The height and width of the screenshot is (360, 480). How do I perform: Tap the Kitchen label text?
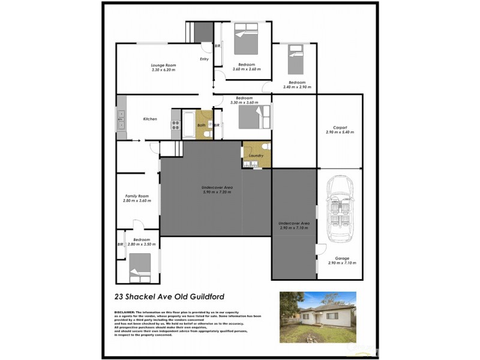pyautogui.click(x=150, y=119)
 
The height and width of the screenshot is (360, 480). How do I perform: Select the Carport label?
pyautogui.click(x=340, y=127)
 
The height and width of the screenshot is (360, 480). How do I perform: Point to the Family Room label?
pyautogui.click(x=137, y=196)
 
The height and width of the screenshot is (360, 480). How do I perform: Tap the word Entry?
pyautogui.click(x=204, y=59)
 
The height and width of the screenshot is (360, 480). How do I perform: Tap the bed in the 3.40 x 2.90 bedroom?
pyautogui.click(x=295, y=59)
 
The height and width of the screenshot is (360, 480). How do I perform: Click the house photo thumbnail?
pyautogui.click(x=317, y=317)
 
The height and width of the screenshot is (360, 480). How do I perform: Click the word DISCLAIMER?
pyautogui.click(x=124, y=313)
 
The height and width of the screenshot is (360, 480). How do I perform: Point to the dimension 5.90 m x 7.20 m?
pyautogui.click(x=217, y=192)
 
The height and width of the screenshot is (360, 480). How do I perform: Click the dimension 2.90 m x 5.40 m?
pyautogui.click(x=340, y=132)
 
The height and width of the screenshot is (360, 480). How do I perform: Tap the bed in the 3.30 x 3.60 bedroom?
pyautogui.click(x=251, y=116)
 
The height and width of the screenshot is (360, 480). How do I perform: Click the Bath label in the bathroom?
pyautogui.click(x=201, y=125)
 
